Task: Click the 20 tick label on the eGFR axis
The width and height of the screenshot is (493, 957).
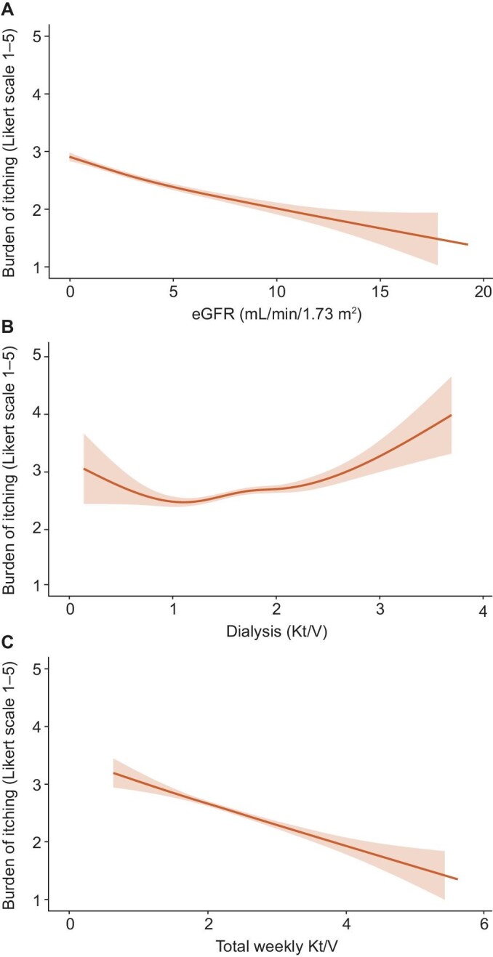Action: (483, 291)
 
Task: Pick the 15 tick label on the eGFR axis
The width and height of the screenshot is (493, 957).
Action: (380, 291)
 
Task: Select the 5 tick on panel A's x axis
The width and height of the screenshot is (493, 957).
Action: (173, 291)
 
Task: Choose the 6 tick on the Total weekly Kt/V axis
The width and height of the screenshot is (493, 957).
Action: (483, 924)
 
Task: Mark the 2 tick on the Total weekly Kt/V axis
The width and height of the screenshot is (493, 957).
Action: (207, 924)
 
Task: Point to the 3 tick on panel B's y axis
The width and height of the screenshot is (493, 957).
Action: (45, 472)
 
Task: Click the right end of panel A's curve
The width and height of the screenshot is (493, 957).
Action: (468, 245)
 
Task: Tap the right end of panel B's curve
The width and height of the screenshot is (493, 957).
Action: (452, 415)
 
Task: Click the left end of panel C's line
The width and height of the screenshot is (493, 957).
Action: (114, 773)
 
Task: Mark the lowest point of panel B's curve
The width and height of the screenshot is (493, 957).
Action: (182, 501)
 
